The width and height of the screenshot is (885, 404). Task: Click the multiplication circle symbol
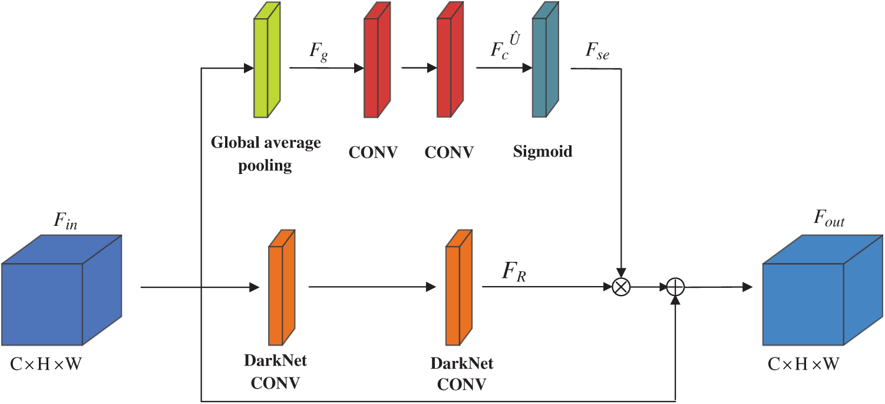622,287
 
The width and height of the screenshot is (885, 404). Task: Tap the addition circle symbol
675,287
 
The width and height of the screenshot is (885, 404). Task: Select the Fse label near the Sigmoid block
597,54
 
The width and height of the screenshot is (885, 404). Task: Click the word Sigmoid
543,152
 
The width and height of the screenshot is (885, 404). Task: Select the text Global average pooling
266,154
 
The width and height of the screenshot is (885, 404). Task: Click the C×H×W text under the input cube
46,364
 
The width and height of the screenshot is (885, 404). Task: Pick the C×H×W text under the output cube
803,364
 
